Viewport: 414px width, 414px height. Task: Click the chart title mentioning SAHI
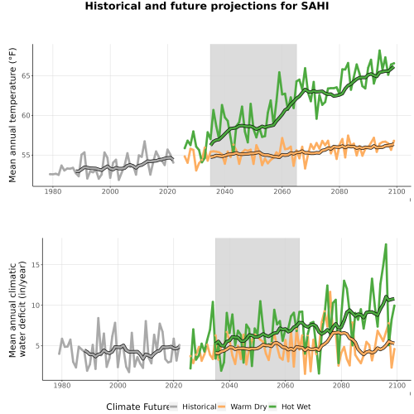(207, 6)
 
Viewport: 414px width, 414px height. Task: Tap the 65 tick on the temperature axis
(26, 76)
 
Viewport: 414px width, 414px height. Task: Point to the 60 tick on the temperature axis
(26, 116)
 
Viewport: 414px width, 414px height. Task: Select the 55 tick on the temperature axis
(26, 156)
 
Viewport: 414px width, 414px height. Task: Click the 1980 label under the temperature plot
(53, 191)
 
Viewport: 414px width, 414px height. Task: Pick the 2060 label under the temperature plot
(282, 191)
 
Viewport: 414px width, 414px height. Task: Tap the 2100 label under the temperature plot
(397, 191)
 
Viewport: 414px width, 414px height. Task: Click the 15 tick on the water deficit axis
(36, 265)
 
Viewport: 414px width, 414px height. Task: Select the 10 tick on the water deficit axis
(36, 306)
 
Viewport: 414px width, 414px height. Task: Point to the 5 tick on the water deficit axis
(38, 346)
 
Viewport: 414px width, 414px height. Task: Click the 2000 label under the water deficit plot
(118, 385)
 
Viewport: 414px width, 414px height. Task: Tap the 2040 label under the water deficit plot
(229, 385)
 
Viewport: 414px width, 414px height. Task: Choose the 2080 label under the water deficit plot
(341, 385)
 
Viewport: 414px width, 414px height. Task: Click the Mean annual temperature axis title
(12, 115)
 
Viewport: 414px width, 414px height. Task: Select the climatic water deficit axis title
(17, 309)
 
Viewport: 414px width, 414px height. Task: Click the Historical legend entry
(193, 407)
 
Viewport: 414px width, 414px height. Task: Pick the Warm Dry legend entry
(243, 407)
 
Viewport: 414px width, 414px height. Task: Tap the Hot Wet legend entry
(290, 407)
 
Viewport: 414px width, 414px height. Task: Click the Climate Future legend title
(137, 407)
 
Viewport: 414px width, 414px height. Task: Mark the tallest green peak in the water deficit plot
(386, 244)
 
